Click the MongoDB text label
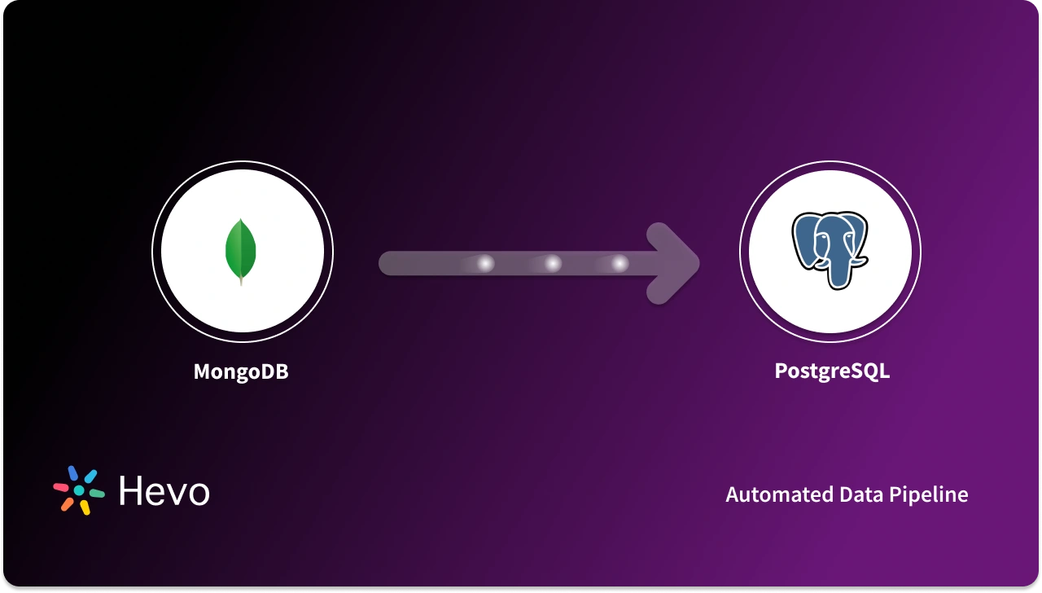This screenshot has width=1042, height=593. click(x=241, y=372)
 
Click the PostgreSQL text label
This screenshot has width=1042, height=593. click(x=831, y=371)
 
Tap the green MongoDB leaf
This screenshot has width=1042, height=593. click(x=241, y=248)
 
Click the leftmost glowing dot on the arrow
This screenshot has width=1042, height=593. click(x=486, y=264)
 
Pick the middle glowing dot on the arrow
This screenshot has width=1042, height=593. click(x=553, y=264)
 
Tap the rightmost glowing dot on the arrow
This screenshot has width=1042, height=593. click(x=620, y=264)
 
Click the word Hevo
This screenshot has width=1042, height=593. click(x=164, y=491)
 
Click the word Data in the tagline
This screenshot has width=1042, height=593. click(x=861, y=494)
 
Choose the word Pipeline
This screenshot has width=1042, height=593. click(x=932, y=494)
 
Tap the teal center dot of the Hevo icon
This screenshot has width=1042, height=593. click(x=79, y=490)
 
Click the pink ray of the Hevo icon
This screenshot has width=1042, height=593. click(x=61, y=487)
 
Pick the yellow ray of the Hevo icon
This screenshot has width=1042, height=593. click(x=84, y=507)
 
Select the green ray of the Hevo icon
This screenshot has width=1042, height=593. click(x=97, y=494)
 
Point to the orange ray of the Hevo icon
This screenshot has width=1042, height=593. click(x=67, y=504)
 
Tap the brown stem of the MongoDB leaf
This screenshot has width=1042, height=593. click(x=241, y=280)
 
